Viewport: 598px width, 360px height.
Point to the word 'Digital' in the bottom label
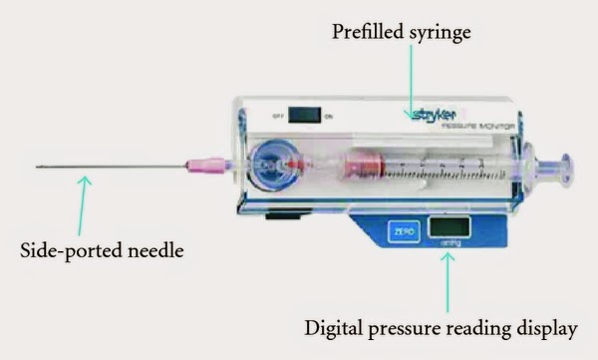pyautogui.click(x=338, y=326)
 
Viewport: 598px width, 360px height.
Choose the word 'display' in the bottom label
pyautogui.click(x=549, y=326)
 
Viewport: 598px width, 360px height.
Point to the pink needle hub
pyautogui.click(x=200, y=164)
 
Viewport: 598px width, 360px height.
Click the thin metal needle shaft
pyautogui.click(x=110, y=166)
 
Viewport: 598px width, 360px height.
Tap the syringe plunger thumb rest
pyautogui.click(x=565, y=170)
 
